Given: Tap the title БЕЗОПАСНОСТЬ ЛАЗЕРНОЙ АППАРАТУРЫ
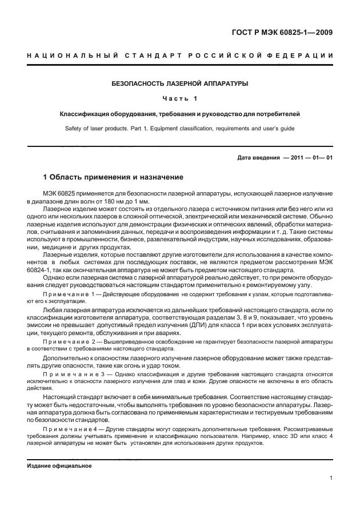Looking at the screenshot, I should (179, 83).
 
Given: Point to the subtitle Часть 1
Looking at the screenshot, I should (179, 99).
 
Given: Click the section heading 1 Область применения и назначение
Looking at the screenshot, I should (114, 177).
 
